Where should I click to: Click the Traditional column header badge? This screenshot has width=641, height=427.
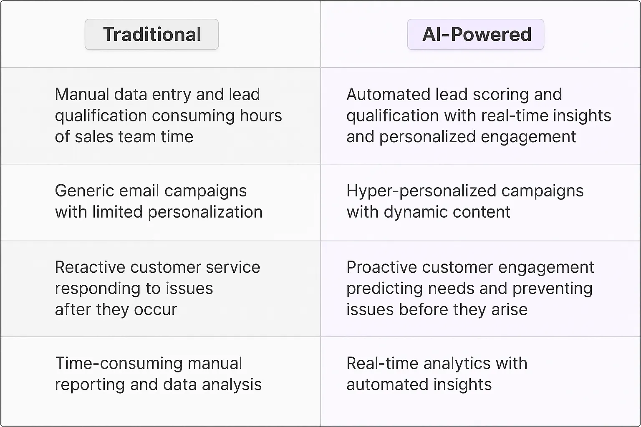click(152, 34)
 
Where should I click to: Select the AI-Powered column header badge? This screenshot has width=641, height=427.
click(476, 34)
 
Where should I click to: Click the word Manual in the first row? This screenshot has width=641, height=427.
click(82, 95)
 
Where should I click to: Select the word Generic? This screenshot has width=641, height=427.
click(84, 191)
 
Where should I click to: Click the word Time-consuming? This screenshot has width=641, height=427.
click(119, 364)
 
